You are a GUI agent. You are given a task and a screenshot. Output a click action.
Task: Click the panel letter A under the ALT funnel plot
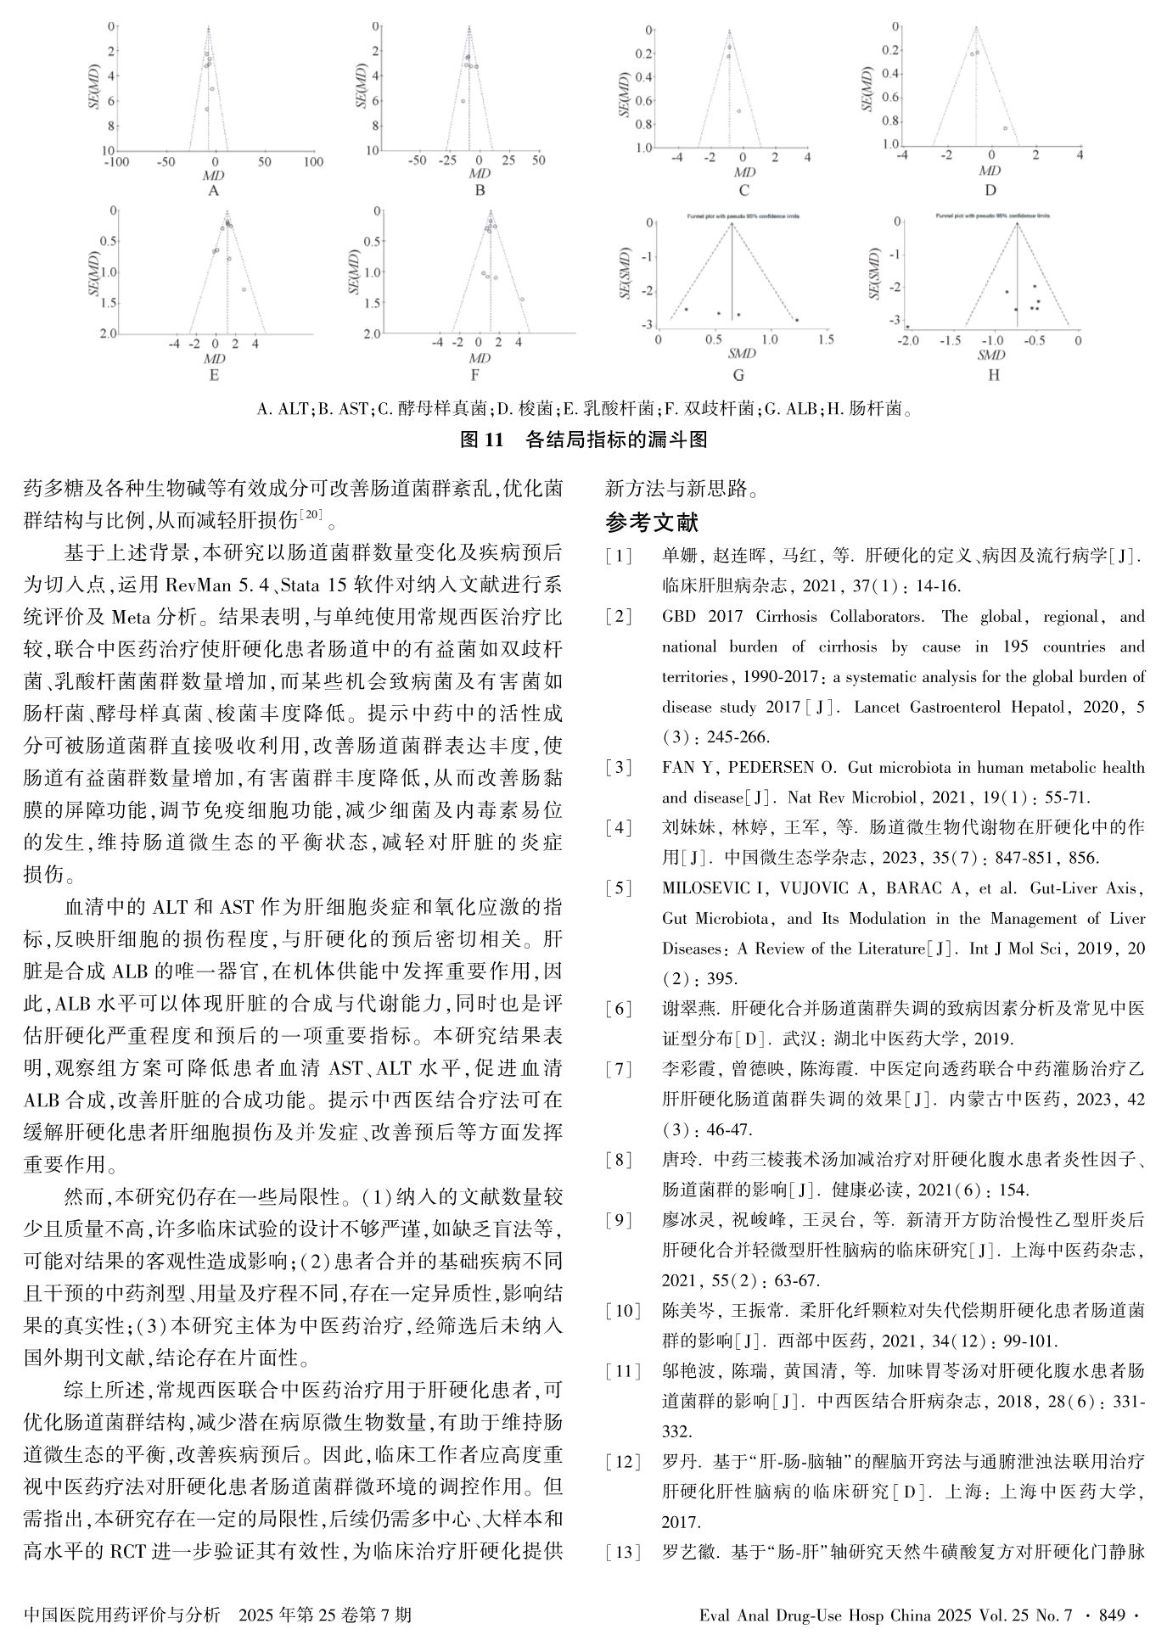[214, 190]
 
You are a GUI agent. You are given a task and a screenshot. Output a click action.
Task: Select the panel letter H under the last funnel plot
[994, 374]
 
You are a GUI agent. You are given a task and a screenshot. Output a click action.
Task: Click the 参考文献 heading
[652, 521]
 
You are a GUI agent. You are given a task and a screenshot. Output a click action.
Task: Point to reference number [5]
[619, 888]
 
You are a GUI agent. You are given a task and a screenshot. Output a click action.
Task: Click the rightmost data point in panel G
[797, 320]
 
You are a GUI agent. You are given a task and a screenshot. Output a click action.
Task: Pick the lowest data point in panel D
[1006, 128]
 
